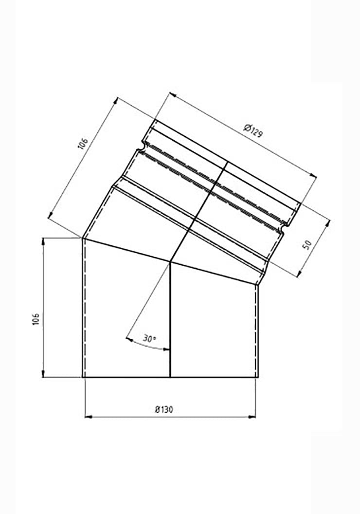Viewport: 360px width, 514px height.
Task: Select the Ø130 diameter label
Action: tap(164, 410)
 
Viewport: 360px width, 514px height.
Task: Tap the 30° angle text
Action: tap(149, 337)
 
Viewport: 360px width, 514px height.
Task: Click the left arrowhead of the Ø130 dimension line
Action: tap(87, 417)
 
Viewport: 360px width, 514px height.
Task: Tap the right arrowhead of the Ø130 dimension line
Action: tap(255, 417)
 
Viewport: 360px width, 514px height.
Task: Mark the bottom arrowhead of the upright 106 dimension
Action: tap(44, 375)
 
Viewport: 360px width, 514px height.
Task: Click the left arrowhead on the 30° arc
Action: tap(127, 338)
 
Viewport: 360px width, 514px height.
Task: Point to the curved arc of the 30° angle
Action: tap(146, 345)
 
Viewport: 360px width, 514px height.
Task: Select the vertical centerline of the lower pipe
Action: tap(170, 321)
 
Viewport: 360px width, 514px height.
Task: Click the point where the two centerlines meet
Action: tap(170, 262)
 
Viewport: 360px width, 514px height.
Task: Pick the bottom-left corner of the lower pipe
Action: tap(82, 377)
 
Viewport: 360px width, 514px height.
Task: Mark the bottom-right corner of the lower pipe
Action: tap(258, 377)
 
